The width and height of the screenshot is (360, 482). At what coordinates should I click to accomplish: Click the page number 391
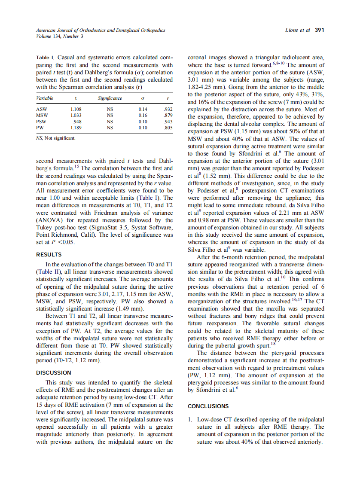pyautogui.click(x=319, y=31)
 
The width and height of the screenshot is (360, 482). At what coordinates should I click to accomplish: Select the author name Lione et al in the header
pyautogui.click(x=297, y=31)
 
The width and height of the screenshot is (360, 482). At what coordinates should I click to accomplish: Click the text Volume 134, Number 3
pyautogui.click(x=60, y=36)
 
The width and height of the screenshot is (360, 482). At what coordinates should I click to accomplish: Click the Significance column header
pyautogui.click(x=110, y=98)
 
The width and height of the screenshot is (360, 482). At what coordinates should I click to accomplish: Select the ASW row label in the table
pyautogui.click(x=42, y=110)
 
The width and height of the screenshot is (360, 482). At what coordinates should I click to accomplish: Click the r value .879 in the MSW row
pyautogui.click(x=168, y=116)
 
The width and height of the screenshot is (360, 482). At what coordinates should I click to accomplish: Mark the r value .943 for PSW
pyautogui.click(x=168, y=122)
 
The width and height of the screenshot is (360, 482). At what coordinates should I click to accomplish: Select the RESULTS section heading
pyautogui.click(x=49, y=255)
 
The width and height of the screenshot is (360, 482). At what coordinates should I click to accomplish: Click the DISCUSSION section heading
pyautogui.click(x=54, y=372)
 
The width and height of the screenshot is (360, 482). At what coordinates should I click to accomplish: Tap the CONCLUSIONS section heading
pyautogui.click(x=208, y=406)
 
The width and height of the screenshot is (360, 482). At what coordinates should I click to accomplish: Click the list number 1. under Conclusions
pyautogui.click(x=191, y=419)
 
